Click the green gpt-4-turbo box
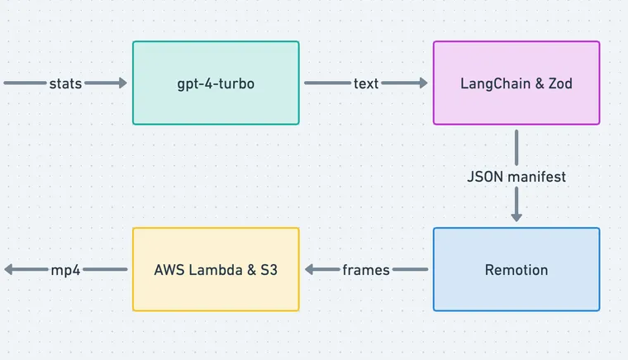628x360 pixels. tap(216, 83)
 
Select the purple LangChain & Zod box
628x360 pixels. tap(516, 83)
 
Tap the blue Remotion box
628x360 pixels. tap(516, 269)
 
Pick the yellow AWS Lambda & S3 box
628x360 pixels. tap(216, 269)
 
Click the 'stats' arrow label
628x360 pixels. tap(65, 83)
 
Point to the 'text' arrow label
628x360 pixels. tap(366, 83)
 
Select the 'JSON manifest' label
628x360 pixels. tap(516, 177)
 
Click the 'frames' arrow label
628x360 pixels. tap(366, 270)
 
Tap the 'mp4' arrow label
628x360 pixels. tap(65, 270)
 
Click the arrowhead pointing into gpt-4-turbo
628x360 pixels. tap(122, 83)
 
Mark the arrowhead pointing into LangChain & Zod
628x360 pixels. tap(423, 83)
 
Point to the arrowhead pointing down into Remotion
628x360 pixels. tap(516, 216)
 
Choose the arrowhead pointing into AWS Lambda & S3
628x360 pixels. tap(310, 269)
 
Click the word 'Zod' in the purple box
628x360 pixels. tap(559, 83)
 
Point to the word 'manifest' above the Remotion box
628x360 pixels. tap(536, 177)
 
